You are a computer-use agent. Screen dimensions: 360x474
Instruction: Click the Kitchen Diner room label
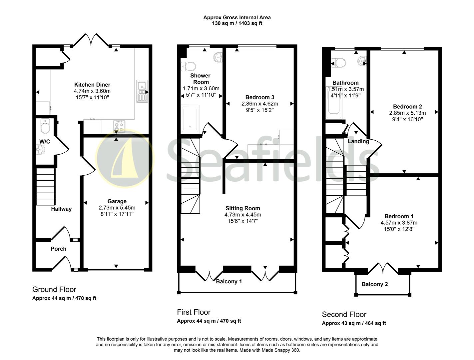pos(92,85)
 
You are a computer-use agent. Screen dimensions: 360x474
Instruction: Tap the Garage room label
pos(117,201)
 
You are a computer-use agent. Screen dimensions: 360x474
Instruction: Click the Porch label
pos(58,249)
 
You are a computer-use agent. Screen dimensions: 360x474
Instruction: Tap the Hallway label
pos(61,209)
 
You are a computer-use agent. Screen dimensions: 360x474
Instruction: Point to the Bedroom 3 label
pos(260,97)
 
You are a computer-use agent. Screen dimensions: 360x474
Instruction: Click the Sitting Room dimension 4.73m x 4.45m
pos(243,215)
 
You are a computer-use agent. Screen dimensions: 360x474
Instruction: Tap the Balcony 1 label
pos(229,281)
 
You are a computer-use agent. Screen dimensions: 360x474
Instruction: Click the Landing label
pos(358,141)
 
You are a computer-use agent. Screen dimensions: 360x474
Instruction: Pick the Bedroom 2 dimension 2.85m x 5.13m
pos(407,113)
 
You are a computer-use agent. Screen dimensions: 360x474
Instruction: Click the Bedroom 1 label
pos(399,216)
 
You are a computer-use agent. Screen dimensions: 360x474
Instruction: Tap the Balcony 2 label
pos(375,284)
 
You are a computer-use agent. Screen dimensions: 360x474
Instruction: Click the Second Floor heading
pos(344,314)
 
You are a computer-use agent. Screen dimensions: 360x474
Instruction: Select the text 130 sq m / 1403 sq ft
pos(237,23)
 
